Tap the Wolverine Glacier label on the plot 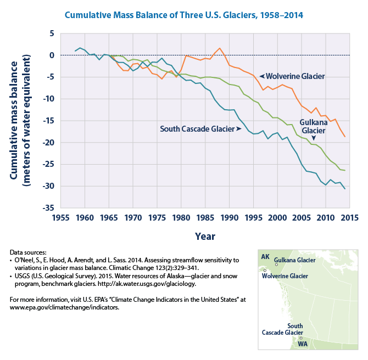[x=295, y=76]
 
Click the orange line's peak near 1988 [x=220, y=48]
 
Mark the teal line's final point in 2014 [x=345, y=189]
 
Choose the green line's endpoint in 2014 [x=345, y=171]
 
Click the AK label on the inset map [x=265, y=257]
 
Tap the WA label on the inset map [x=302, y=344]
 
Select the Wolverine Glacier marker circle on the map [x=265, y=271]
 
